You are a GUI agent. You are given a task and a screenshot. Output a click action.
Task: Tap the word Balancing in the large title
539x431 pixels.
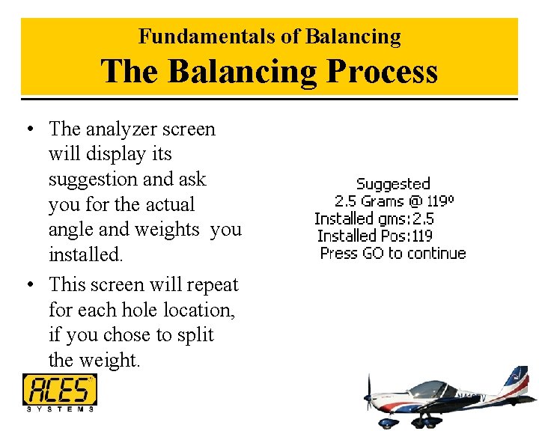(x=243, y=72)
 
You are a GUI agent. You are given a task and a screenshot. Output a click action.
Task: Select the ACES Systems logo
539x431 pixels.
(x=59, y=392)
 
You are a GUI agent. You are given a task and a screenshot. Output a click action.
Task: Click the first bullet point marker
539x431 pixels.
(x=28, y=129)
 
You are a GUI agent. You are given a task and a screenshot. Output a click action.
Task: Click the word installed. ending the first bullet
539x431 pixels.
(x=85, y=254)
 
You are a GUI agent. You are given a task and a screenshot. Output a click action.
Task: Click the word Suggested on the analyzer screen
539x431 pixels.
(x=393, y=184)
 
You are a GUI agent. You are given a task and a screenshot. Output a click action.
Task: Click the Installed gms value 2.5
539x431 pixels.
(x=423, y=218)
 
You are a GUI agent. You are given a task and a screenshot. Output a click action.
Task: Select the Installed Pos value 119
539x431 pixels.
(x=421, y=236)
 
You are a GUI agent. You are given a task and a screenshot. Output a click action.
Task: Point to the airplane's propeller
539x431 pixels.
(x=368, y=397)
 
